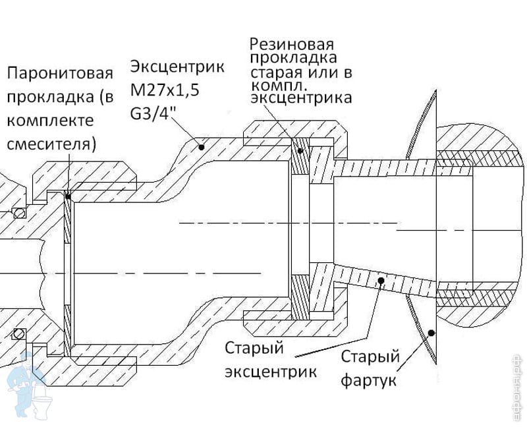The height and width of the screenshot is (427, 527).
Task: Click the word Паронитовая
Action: (x=60, y=73)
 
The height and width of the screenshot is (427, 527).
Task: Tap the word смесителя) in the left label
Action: (x=51, y=144)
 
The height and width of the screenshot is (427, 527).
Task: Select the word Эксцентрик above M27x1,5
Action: (x=177, y=67)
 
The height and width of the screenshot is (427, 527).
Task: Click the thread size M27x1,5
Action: (x=165, y=90)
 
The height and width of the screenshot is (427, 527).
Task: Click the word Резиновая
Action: (x=292, y=44)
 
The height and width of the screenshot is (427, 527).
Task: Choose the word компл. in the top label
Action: (x=279, y=86)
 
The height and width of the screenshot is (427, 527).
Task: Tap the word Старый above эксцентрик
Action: (x=254, y=349)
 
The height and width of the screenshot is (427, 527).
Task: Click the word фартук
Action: (x=368, y=381)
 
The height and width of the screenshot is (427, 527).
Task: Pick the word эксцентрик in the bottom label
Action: (x=271, y=372)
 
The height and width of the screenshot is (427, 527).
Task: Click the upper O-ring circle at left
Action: (x=19, y=212)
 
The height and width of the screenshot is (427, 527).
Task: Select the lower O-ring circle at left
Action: (x=19, y=334)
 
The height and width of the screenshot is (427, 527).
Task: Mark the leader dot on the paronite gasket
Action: (x=69, y=196)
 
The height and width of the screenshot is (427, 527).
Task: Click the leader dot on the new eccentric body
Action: (x=202, y=146)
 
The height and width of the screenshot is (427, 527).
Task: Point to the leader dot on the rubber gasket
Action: (x=300, y=151)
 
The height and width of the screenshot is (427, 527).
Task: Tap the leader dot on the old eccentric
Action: (x=381, y=280)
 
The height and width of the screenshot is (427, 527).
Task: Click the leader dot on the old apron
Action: (x=431, y=333)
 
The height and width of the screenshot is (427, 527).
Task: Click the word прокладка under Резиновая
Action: (x=293, y=58)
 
